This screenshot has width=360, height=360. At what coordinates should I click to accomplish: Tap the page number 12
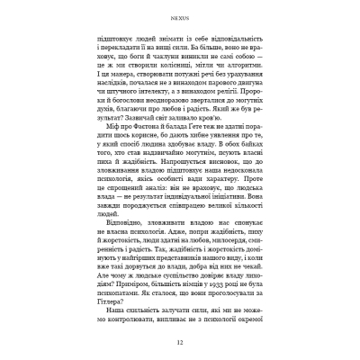tap(180, 342)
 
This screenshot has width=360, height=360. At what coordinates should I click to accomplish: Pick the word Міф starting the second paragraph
tap(108, 145)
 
